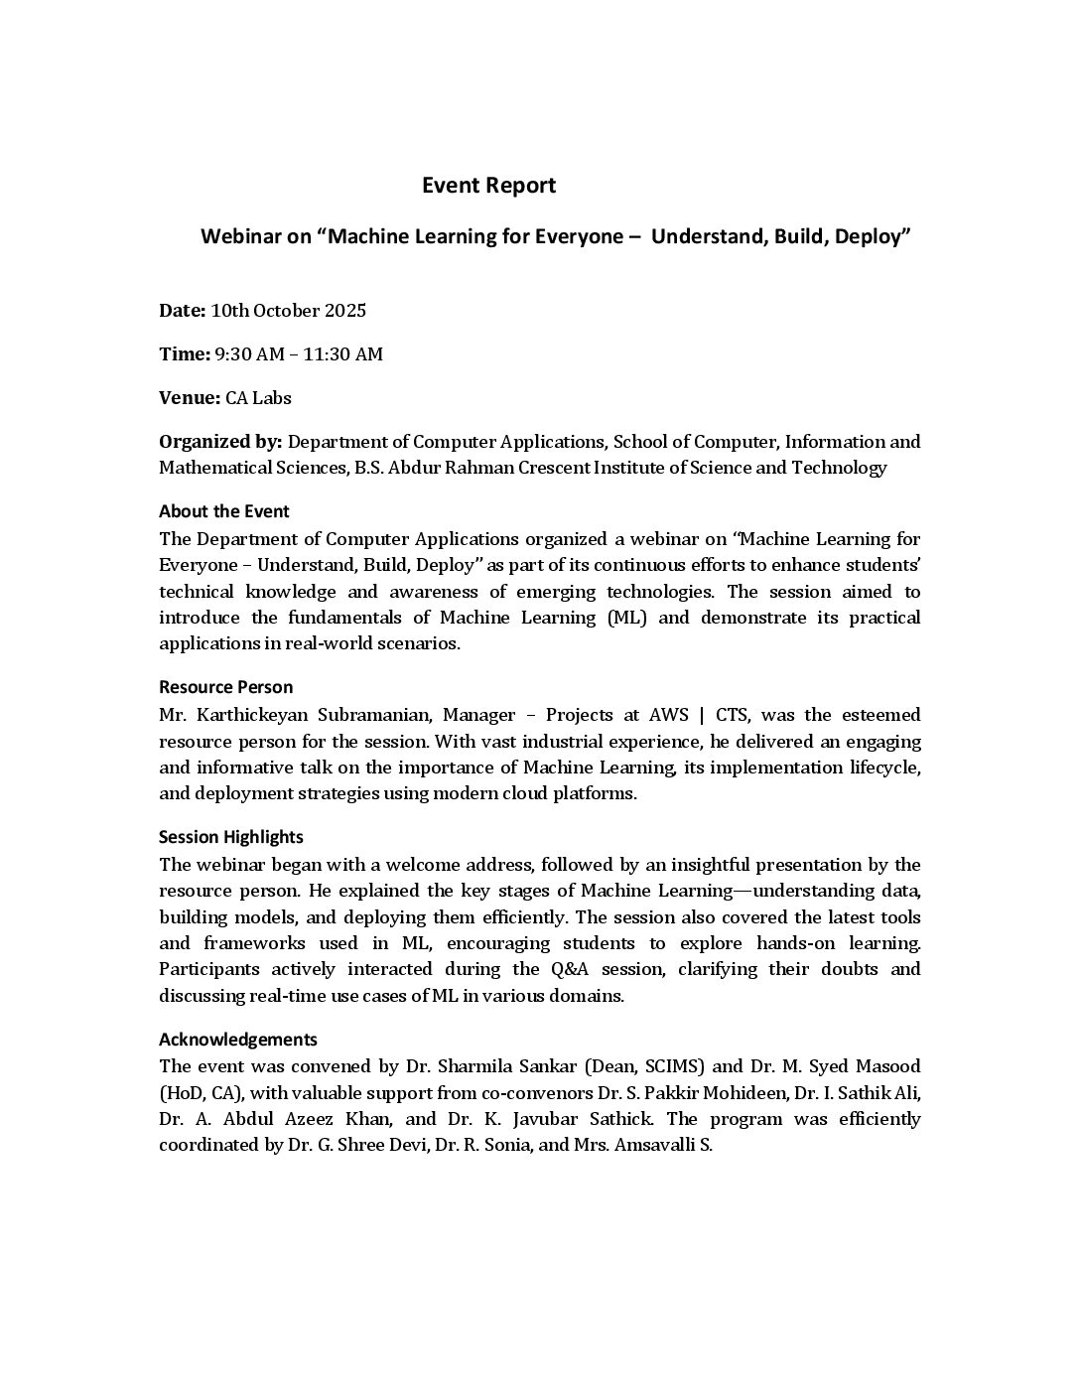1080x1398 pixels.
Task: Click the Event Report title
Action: [x=488, y=186]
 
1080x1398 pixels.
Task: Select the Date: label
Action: [x=182, y=311]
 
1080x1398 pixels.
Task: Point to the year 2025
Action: [x=344, y=311]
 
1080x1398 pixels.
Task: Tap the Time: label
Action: [x=184, y=354]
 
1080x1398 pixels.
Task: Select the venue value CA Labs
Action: [x=258, y=398]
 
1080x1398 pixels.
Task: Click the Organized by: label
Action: [x=220, y=442]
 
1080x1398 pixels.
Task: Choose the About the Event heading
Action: [x=223, y=511]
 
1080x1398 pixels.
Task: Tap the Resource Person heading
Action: [x=225, y=687]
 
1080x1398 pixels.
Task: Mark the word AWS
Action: [x=668, y=715]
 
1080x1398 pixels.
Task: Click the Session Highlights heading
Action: [x=230, y=837]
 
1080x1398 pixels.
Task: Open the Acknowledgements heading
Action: [x=237, y=1040]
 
